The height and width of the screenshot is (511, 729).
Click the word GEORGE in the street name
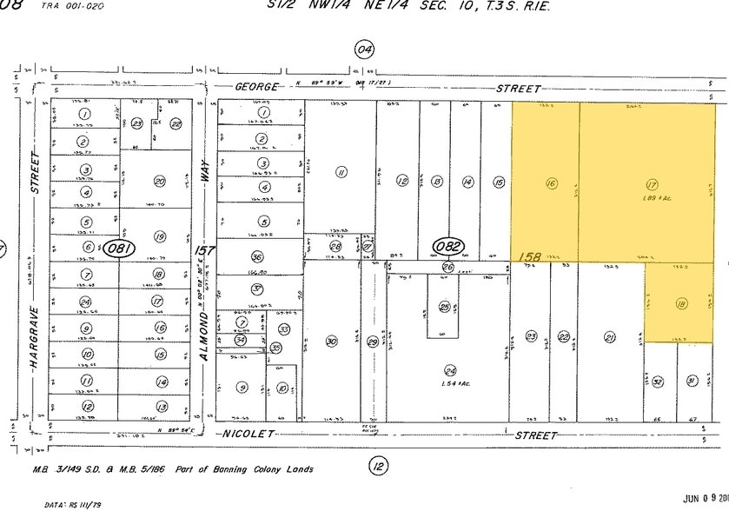(259, 88)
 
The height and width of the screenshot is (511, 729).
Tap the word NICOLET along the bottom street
(249, 434)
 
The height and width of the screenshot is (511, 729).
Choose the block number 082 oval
(450, 246)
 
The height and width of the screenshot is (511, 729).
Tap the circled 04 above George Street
(364, 50)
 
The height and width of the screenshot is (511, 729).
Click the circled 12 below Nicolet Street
(378, 468)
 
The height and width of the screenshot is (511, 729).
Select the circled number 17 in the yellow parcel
(651, 184)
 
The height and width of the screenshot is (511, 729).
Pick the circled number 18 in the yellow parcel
(681, 303)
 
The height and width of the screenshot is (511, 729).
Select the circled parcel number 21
(610, 338)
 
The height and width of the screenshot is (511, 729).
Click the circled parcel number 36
(256, 257)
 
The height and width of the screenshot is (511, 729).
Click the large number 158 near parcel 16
(530, 257)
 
